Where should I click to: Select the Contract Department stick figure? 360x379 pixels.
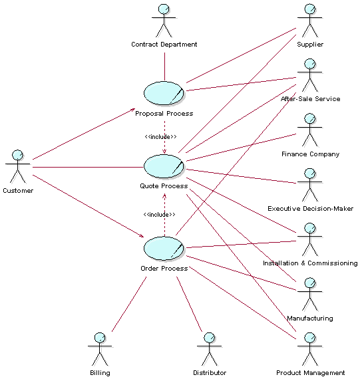tap(163, 21)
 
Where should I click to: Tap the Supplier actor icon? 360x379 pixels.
tap(309, 21)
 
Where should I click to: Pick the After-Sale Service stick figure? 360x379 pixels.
tap(309, 75)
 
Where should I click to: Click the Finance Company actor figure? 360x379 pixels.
tap(309, 130)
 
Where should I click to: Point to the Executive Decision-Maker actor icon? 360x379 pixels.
tap(309, 185)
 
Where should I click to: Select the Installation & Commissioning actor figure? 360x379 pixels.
tap(309, 239)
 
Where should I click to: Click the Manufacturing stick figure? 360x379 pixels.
tap(309, 295)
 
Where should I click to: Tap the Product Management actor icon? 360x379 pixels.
tap(309, 349)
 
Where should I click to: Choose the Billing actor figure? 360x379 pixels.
tap(99, 349)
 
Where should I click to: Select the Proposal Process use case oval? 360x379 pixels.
tap(164, 94)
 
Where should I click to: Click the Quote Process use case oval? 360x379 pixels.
tap(164, 166)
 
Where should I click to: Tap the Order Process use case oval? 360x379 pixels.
tap(164, 248)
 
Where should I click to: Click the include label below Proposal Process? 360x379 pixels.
tap(160, 136)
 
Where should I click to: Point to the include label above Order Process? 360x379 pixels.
tap(159, 214)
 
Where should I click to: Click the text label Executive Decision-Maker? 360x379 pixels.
tap(310, 209)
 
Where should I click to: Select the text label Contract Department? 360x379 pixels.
tap(164, 45)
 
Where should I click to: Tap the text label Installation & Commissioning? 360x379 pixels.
tap(310, 263)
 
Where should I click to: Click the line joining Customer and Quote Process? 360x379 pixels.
tap(87, 166)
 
